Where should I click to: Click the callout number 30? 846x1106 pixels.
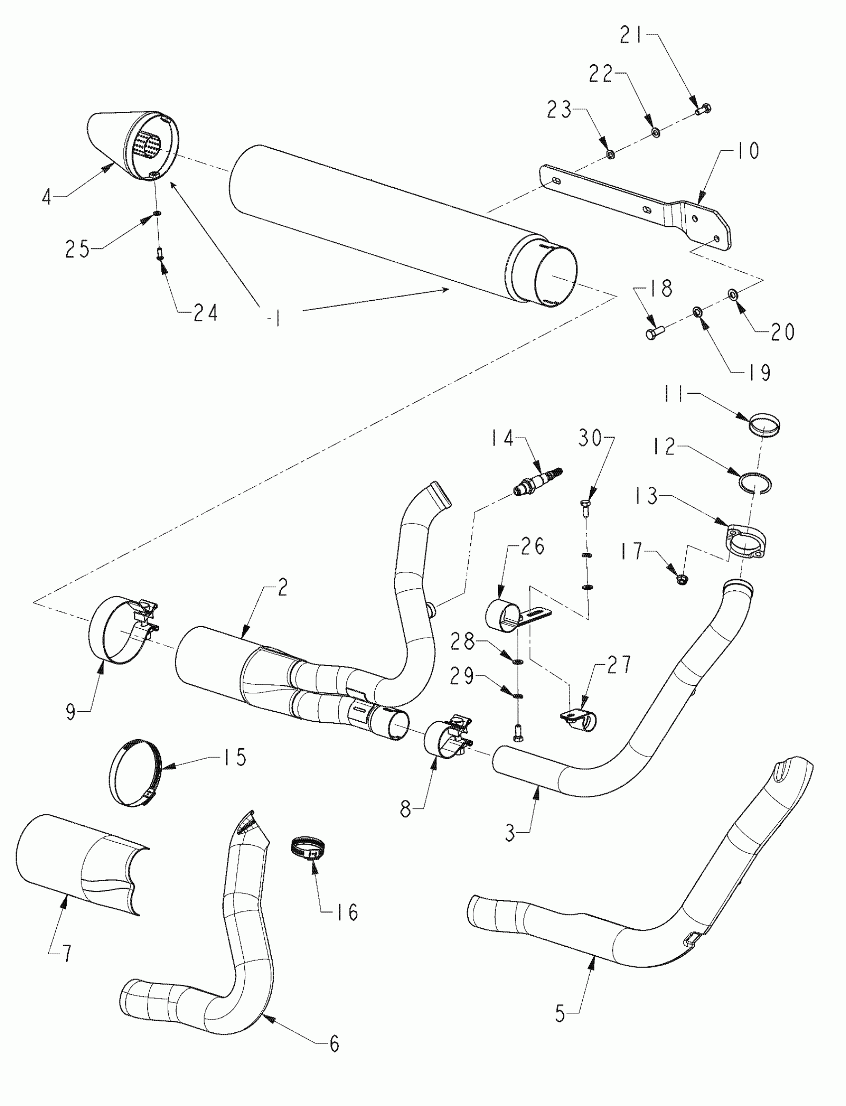[590, 438]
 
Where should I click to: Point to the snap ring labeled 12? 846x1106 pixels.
[756, 483]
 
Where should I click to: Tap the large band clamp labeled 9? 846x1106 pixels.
[123, 634]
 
